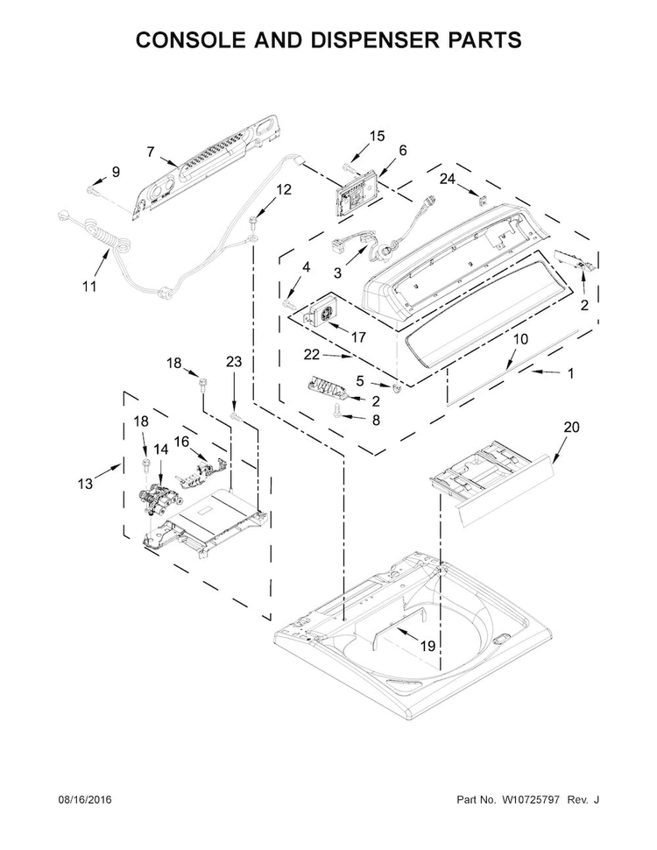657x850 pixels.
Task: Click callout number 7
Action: coord(151,151)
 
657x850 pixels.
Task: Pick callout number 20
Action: coord(571,429)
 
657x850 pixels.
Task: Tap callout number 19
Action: coord(427,646)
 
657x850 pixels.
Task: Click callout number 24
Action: coord(448,179)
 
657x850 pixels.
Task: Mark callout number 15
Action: coord(377,136)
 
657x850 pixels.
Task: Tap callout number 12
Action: coord(284,188)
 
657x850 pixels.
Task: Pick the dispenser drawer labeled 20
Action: coord(491,479)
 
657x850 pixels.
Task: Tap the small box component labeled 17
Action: coord(320,314)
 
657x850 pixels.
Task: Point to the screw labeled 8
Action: coord(338,419)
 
